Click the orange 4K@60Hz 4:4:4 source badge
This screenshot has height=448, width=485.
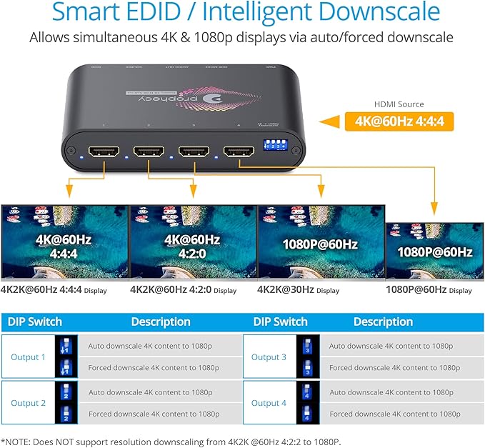pos(399,122)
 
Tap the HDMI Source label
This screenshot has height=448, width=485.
pos(399,104)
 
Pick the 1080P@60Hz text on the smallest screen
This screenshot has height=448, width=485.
pos(435,252)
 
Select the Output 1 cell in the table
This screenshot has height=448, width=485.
pos(29,357)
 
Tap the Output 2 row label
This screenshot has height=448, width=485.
pos(29,403)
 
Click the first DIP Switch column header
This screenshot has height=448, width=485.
pos(35,322)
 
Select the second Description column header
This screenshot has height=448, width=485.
pos(383,322)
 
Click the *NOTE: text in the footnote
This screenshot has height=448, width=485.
pos(17,440)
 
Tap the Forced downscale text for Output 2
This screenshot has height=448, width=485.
pos(154,414)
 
